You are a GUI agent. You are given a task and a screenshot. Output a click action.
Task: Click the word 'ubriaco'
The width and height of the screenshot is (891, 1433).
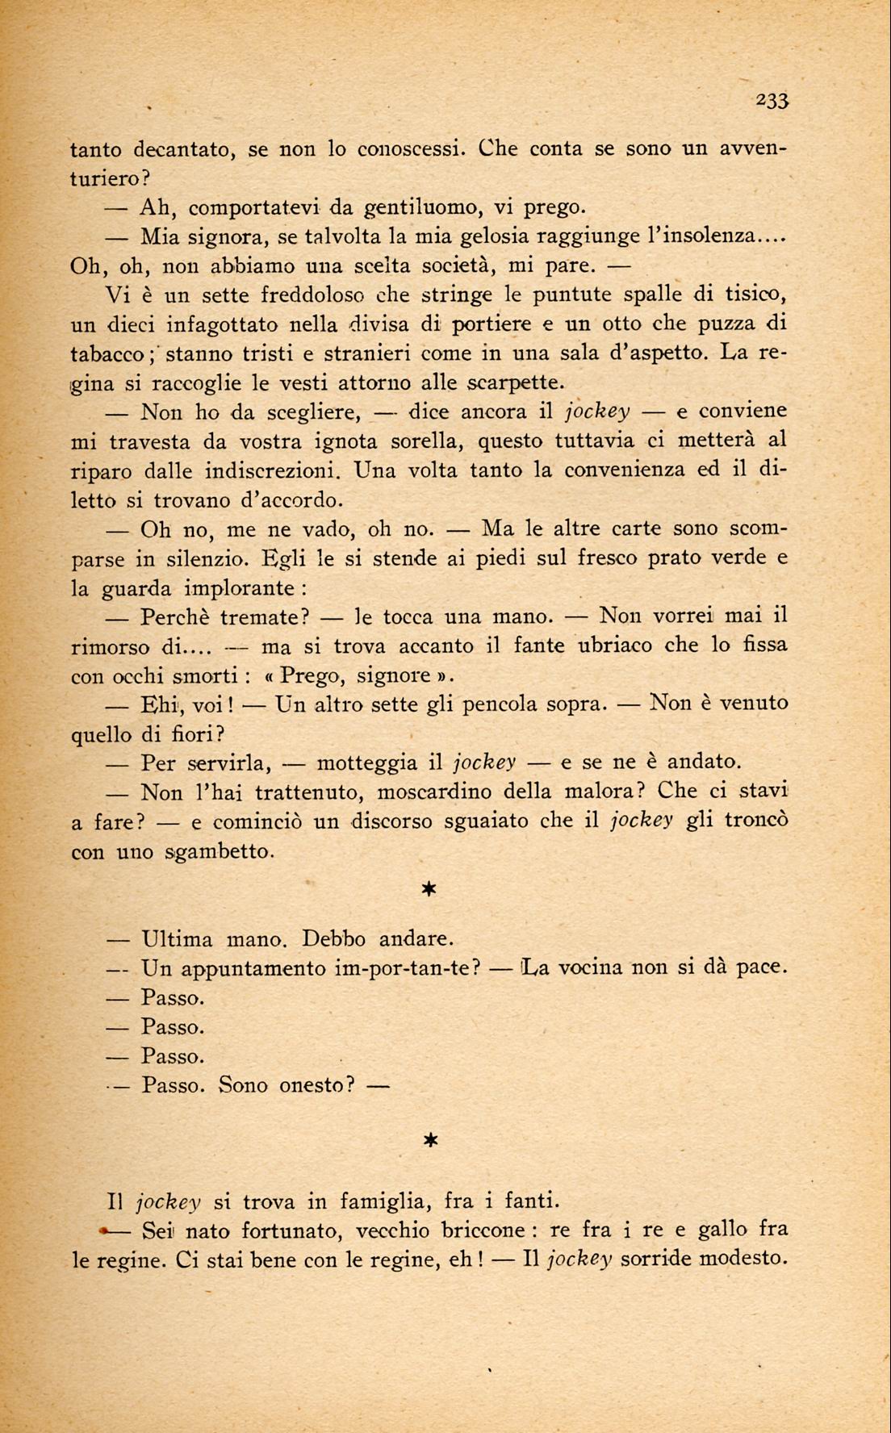pyautogui.click(x=621, y=646)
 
